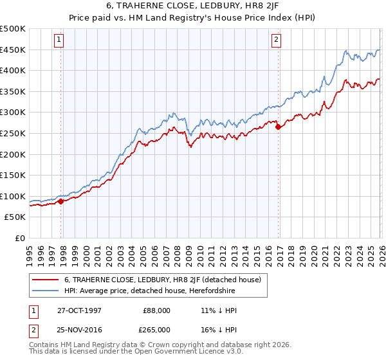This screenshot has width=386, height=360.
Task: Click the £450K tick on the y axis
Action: [13, 50]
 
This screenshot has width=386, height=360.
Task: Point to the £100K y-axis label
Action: [13, 196]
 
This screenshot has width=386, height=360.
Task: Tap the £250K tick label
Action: [13, 133]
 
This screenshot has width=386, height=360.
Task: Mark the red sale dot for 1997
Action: [61, 201]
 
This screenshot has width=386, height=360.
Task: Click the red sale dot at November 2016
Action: [279, 127]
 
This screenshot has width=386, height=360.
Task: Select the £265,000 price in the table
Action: [157, 329]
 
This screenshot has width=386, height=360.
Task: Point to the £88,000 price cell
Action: [157, 310]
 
